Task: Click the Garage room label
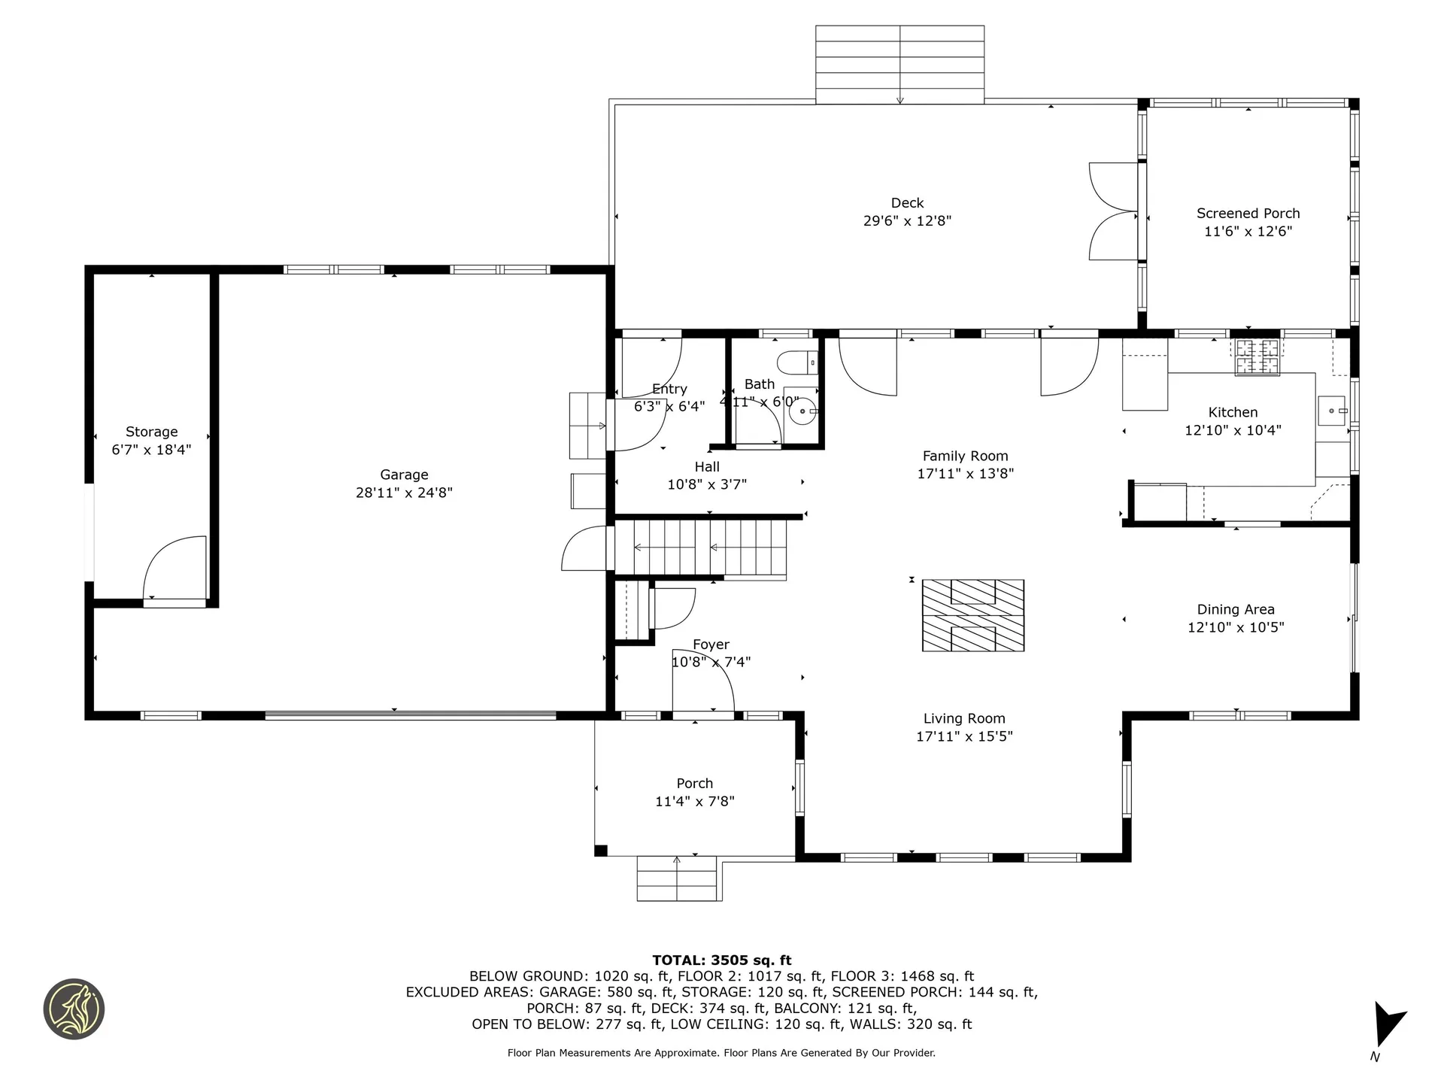pos(404,475)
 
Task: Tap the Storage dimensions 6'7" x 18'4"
pos(151,450)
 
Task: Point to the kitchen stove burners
pos(1257,357)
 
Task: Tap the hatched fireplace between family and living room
pos(972,615)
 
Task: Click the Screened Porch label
pos(1248,214)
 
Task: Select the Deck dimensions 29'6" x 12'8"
pos(907,221)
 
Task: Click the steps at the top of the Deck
pos(899,65)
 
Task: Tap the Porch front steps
pos(677,878)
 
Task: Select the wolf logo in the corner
pos(74,1009)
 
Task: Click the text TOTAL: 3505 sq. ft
pos(721,960)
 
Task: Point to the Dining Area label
pos(1235,610)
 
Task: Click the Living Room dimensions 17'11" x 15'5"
pos(963,736)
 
